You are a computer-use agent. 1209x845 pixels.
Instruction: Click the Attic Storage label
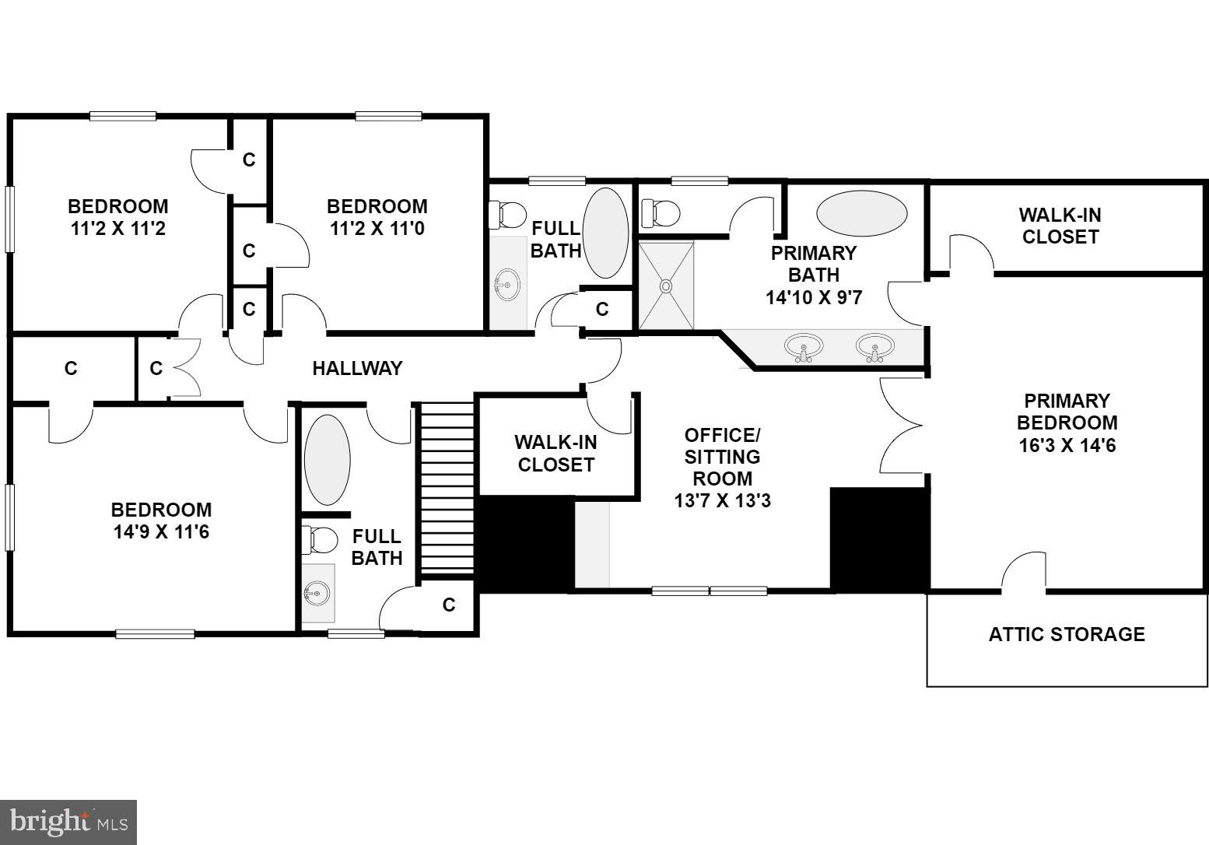pos(1067,634)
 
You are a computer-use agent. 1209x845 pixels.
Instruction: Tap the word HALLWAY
pos(357,368)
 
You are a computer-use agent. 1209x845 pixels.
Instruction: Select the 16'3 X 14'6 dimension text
pos(1067,446)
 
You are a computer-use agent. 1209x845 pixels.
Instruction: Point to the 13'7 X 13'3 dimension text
pos(722,500)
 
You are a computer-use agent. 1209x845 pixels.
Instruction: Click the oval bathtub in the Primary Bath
pos(861,212)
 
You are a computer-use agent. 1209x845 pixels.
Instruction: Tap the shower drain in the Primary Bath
pos(666,286)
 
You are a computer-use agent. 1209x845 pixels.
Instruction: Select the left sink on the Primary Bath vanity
pos(804,346)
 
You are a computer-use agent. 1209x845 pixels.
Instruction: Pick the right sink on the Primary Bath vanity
pos(874,346)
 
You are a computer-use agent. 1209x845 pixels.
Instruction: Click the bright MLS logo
pos(68,822)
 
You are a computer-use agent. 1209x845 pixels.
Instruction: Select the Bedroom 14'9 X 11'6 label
pos(161,521)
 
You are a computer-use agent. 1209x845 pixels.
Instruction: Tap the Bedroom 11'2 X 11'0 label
pos(377,217)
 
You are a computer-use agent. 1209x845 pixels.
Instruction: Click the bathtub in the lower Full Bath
pos(327,460)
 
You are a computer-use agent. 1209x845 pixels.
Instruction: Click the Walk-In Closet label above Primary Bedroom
pos(1060,226)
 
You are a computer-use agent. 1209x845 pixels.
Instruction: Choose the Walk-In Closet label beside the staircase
pos(555,454)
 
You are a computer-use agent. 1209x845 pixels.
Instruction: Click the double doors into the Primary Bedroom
pos(902,425)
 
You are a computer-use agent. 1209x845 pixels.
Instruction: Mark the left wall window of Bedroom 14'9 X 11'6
pos(10,517)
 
